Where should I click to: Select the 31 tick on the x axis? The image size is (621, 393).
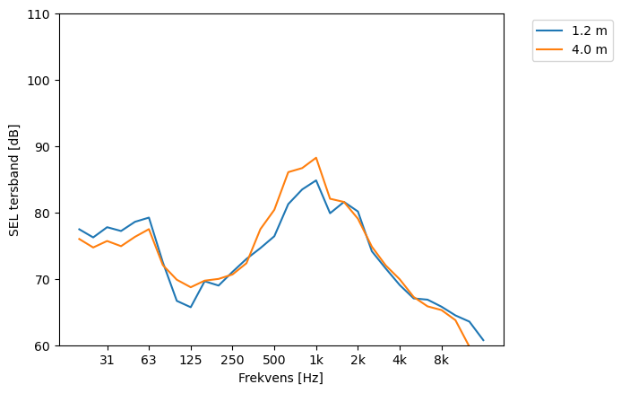pos(107,360)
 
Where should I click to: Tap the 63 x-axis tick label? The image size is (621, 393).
pos(149,360)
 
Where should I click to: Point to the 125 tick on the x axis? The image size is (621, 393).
pos(190,360)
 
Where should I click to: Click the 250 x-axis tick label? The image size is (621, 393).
pos(232,360)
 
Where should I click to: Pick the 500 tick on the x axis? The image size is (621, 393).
pos(274,360)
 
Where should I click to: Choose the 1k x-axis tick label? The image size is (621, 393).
pos(315,360)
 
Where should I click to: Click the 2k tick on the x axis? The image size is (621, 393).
pos(358,360)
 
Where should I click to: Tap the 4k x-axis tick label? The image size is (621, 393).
pos(400,360)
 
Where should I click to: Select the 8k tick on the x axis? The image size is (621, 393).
pos(442,360)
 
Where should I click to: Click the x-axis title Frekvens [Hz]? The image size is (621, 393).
pos(280,378)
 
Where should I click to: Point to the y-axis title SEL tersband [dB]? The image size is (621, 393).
pos(14,180)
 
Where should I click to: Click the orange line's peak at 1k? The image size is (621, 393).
pos(315,158)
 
